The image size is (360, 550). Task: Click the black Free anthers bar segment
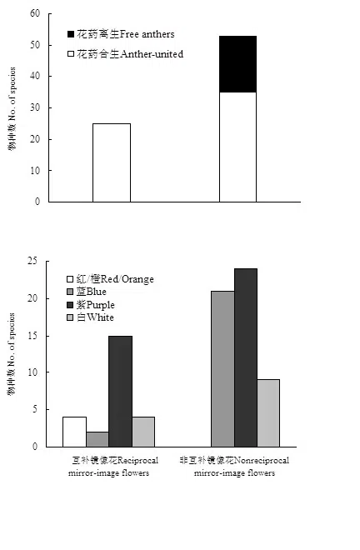click(x=237, y=64)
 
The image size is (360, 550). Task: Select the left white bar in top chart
click(x=111, y=162)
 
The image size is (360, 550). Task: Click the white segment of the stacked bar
click(x=237, y=147)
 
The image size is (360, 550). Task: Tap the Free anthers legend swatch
click(x=71, y=34)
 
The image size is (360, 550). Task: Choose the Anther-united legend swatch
click(x=71, y=53)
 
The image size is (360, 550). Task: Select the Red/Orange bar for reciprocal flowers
click(x=74, y=432)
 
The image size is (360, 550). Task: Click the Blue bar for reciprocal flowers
click(x=97, y=439)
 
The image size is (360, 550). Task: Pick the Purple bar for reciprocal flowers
click(x=120, y=391)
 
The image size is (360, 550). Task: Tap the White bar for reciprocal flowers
click(x=143, y=432)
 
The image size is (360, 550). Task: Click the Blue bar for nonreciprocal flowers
click(x=222, y=368)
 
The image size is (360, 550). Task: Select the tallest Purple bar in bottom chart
click(x=246, y=357)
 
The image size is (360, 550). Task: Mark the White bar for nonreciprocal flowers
click(x=268, y=412)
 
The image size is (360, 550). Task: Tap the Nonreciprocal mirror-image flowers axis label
click(x=235, y=467)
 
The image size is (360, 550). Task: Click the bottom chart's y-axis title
click(x=12, y=354)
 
